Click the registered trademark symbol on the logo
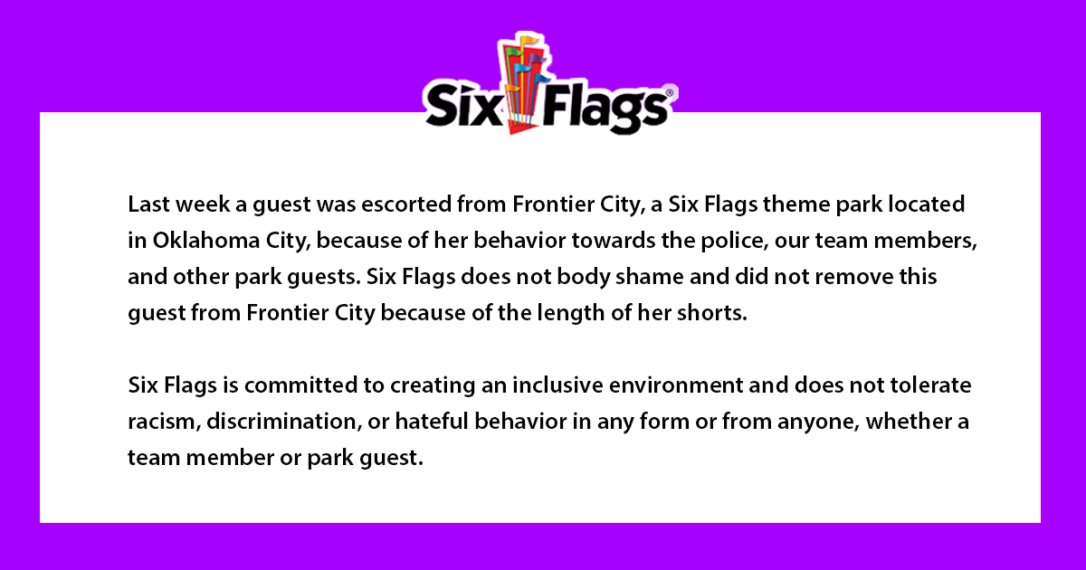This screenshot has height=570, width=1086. pos(670,90)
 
